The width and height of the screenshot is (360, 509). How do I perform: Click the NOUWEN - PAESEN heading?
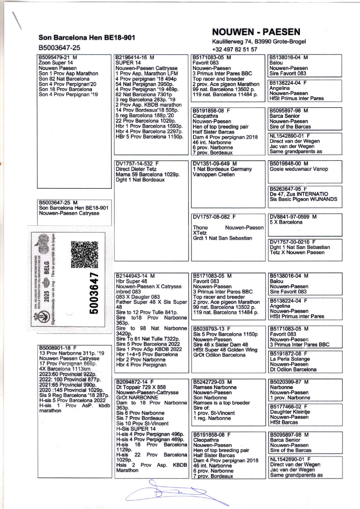pos(256,32)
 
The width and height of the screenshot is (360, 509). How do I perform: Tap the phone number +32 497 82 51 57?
pos(234,49)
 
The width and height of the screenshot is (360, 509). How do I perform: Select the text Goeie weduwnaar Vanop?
pos(299,169)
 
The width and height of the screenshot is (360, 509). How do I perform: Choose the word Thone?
pos(200,227)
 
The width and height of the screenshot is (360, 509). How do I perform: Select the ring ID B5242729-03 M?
pos(212,382)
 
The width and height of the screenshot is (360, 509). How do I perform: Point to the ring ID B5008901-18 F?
pos(58,348)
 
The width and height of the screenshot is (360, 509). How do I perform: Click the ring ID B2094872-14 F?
pos(135,382)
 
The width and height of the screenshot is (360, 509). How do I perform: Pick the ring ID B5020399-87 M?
pos(289,382)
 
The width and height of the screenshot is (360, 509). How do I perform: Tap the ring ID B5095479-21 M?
pos(58,58)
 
